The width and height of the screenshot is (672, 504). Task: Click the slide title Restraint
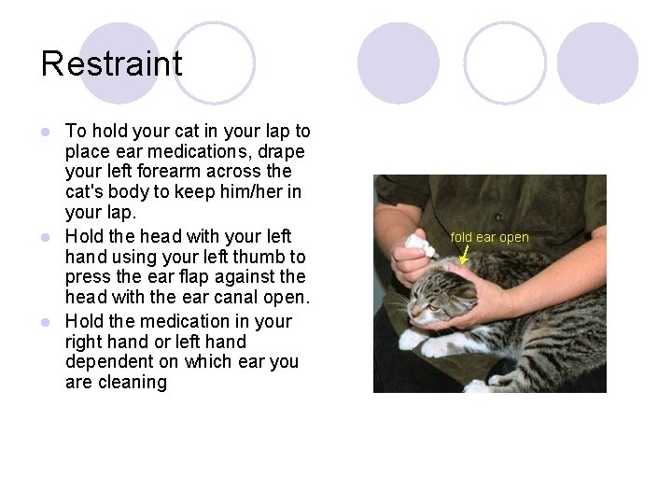(x=111, y=63)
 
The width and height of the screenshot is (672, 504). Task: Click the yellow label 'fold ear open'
(x=489, y=237)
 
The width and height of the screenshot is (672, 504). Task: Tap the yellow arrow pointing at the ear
(x=464, y=254)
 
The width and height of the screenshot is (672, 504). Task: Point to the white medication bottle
(x=420, y=245)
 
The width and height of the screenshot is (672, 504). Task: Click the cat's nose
(x=413, y=309)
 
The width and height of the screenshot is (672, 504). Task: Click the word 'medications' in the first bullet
(x=200, y=151)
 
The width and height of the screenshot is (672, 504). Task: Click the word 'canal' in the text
(x=231, y=297)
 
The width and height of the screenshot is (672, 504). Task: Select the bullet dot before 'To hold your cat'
(x=46, y=132)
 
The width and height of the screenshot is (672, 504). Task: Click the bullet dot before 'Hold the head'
(x=46, y=237)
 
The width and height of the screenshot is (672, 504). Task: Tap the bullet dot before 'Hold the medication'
(x=46, y=322)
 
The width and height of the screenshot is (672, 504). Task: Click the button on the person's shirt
(x=498, y=217)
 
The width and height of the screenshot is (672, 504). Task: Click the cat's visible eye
(x=432, y=307)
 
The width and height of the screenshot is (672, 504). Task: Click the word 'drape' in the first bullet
(x=281, y=152)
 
